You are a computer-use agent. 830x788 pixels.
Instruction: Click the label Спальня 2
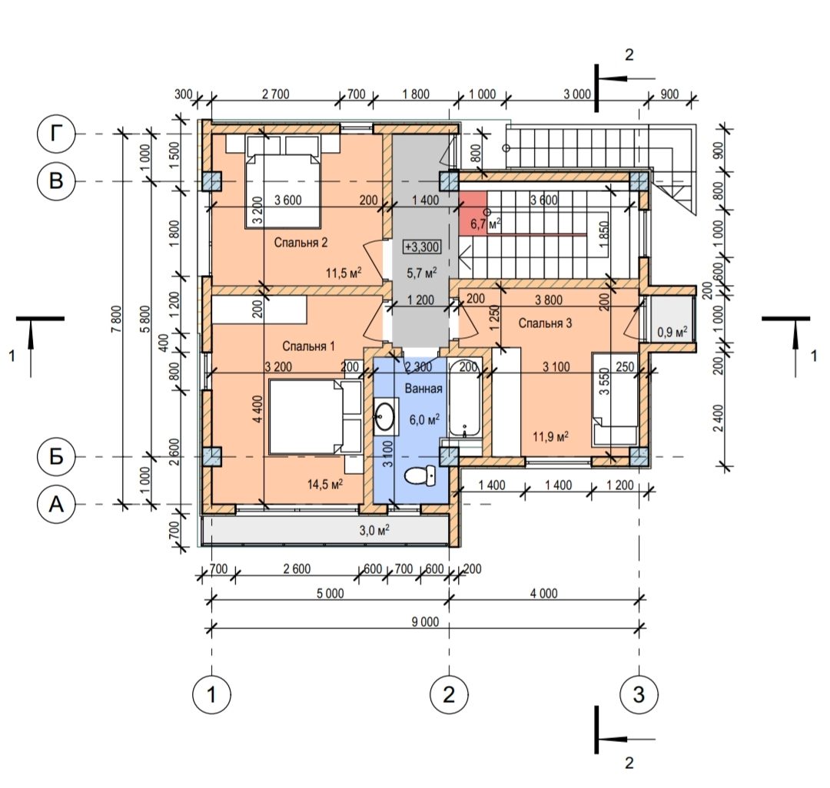[300, 242]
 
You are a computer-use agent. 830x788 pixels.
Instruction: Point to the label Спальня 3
[545, 323]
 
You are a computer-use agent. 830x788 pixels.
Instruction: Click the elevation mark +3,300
[422, 247]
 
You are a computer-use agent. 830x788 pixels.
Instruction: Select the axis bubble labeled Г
[56, 134]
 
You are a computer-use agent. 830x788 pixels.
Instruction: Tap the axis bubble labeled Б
[56, 456]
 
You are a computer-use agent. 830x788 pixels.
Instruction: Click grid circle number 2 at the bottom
[449, 694]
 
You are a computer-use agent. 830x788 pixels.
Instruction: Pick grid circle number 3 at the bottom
[639, 694]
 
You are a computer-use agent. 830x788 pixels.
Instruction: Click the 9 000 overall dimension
[425, 622]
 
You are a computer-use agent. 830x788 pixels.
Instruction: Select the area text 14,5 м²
[325, 484]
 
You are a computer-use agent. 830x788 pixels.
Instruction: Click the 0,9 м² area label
[672, 332]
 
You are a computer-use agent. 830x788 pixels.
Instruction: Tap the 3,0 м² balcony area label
[374, 530]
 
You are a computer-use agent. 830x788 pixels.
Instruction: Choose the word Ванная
[423, 389]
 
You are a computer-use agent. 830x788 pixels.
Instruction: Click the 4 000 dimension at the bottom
[543, 594]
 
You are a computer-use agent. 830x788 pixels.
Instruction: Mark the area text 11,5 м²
[344, 273]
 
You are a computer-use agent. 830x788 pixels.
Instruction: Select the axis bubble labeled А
[56, 505]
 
